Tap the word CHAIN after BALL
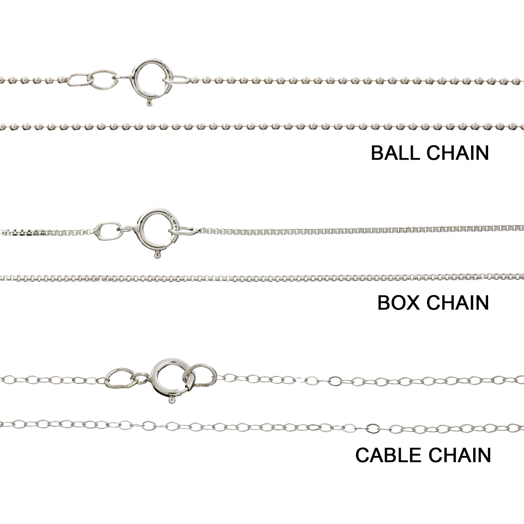[458, 153]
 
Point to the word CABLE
[389, 455]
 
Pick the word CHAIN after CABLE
[459, 455]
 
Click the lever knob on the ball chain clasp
[148, 103]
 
